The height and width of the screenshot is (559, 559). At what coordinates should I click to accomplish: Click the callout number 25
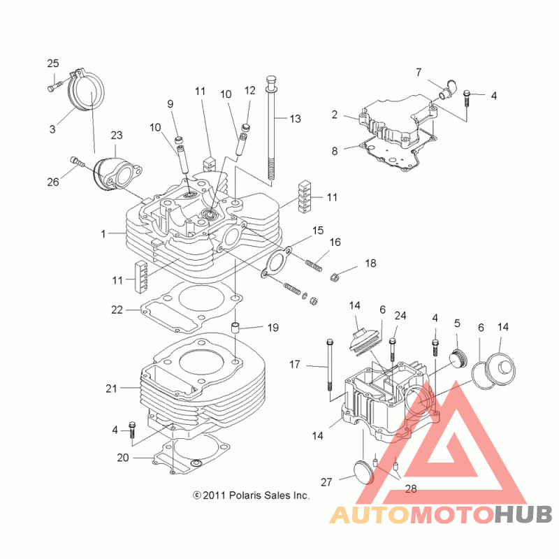(x=53, y=64)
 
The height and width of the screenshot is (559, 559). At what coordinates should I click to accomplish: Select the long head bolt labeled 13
(x=272, y=131)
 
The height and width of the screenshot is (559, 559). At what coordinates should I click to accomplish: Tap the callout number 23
(x=117, y=135)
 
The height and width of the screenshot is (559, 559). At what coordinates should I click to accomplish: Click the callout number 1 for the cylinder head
(x=103, y=234)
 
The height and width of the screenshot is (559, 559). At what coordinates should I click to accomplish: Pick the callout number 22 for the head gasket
(x=117, y=310)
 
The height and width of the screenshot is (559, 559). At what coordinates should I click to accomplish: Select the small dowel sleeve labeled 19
(x=235, y=328)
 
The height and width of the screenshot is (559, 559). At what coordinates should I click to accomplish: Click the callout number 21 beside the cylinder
(x=111, y=389)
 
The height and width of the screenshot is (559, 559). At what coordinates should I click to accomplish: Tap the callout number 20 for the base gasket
(x=123, y=458)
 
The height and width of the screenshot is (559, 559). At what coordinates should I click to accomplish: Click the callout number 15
(x=318, y=231)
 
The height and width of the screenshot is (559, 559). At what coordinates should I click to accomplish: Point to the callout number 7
(x=419, y=73)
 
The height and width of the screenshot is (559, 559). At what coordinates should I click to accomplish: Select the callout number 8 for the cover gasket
(x=335, y=151)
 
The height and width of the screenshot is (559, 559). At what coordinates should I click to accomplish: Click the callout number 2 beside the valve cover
(x=335, y=115)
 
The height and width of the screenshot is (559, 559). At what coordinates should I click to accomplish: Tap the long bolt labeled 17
(x=329, y=365)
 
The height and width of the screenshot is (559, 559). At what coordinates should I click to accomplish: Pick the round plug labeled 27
(x=363, y=472)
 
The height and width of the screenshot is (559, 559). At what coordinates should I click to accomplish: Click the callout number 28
(x=411, y=488)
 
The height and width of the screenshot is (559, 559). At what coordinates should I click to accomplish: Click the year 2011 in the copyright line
(x=214, y=495)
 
